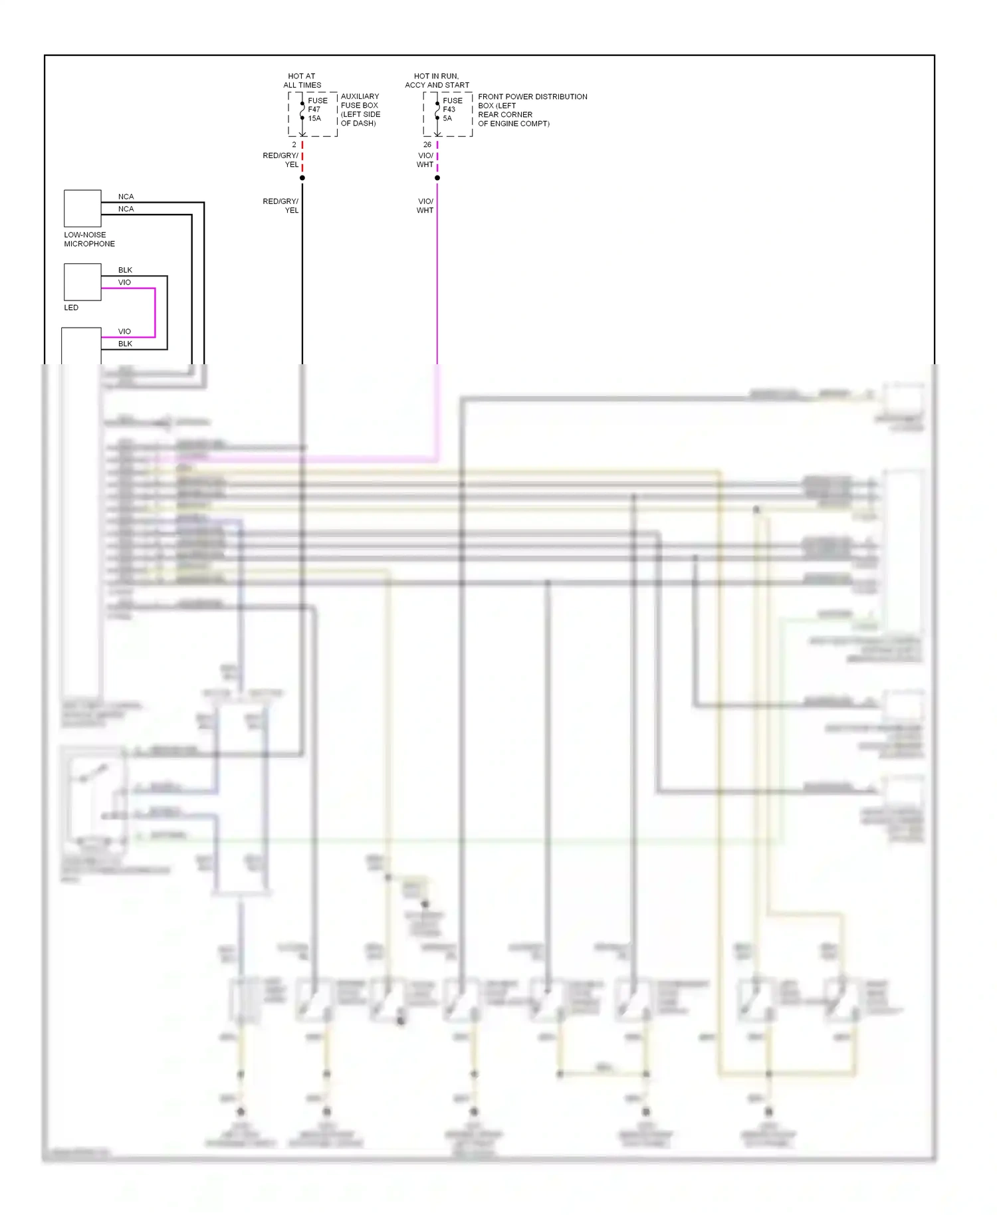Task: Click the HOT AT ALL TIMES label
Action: (x=302, y=80)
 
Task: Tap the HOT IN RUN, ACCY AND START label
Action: (x=437, y=80)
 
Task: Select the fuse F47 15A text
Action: (x=317, y=110)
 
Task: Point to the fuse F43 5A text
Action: (x=452, y=110)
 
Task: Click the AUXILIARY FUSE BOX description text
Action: (x=360, y=110)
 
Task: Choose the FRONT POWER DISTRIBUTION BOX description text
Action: (x=532, y=110)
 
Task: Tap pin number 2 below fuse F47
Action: (x=294, y=145)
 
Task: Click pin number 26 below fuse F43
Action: (x=427, y=145)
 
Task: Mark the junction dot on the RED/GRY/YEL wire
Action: (x=302, y=178)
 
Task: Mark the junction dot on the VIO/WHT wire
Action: (x=437, y=178)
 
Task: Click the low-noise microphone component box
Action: (x=82, y=209)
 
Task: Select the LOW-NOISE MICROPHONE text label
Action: (x=89, y=239)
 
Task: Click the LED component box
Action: (x=82, y=282)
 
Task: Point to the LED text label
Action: (x=71, y=308)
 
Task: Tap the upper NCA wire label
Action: (x=126, y=197)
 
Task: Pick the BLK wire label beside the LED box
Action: (x=125, y=270)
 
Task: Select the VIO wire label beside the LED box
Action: (x=124, y=282)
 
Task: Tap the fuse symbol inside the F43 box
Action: (x=437, y=110)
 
